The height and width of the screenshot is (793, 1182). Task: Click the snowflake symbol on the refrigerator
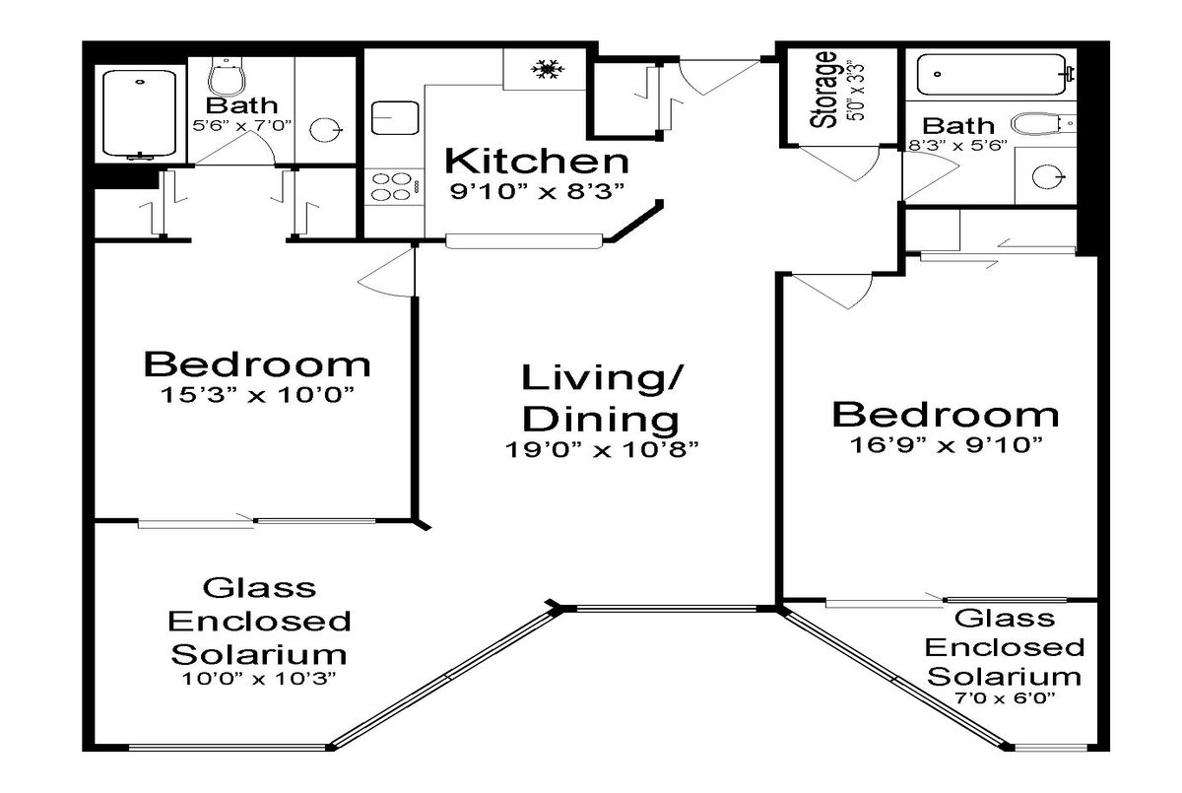point(548,69)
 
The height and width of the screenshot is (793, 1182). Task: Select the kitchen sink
point(395,117)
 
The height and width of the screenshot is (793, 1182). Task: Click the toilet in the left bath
point(228,77)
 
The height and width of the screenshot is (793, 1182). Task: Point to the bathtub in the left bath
point(139,114)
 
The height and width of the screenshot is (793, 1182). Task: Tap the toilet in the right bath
point(1042,124)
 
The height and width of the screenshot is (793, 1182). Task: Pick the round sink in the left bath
point(325,129)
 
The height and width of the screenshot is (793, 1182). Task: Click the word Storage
point(824,90)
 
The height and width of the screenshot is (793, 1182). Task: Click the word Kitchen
point(537,161)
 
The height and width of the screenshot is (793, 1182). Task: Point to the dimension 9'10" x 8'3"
point(537,191)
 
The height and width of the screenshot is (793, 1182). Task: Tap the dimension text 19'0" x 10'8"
point(602,449)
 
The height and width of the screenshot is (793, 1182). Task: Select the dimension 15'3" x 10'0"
point(256,394)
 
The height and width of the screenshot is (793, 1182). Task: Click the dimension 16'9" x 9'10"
point(947,444)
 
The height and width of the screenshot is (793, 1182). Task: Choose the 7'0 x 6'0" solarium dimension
point(1005,698)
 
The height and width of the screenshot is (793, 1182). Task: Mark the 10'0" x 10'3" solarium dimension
point(258,678)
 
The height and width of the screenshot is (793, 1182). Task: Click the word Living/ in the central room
point(602,377)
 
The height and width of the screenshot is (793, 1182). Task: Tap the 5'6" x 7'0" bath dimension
point(242,125)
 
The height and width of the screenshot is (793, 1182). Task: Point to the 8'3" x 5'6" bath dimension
point(957,145)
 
